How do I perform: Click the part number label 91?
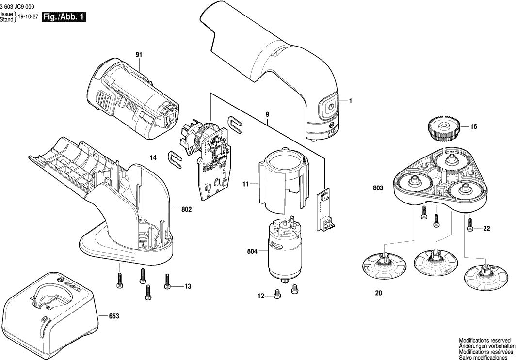tap(139, 55)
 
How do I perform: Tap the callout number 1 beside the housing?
tap(350, 101)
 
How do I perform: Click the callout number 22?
tap(487, 229)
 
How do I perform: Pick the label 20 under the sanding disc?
tap(378, 293)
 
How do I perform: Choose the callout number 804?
tap(252, 251)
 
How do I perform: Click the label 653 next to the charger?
tap(113, 316)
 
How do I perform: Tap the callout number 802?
tap(186, 209)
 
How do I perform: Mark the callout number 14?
tap(154, 157)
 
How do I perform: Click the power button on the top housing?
tap(328, 107)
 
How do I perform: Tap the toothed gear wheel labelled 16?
tap(442, 127)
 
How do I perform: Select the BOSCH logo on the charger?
tap(68, 286)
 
